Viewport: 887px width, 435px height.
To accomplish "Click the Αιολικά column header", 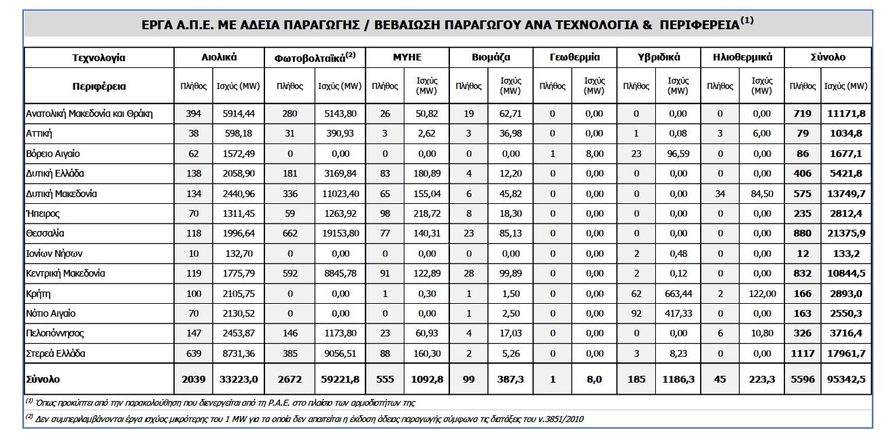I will click(x=219, y=58).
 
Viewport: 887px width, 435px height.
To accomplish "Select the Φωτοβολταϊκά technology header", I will click(x=316, y=58).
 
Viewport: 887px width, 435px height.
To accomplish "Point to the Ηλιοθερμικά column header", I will click(x=743, y=58).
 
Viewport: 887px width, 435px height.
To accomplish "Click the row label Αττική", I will click(x=39, y=133).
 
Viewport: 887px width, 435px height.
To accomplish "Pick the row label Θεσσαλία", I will click(x=45, y=233).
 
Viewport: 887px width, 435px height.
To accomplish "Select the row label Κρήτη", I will click(x=38, y=294).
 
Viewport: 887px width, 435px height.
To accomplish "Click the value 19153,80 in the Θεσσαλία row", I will click(x=339, y=233).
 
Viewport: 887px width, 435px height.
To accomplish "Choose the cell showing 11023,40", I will click(x=339, y=194).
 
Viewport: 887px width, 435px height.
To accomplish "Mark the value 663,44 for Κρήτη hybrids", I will click(x=678, y=294).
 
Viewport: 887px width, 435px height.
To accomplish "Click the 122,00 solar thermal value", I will click(x=763, y=294).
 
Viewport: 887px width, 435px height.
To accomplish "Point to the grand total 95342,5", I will click(x=846, y=379).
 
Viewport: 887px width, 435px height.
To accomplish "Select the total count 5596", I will click(x=802, y=379).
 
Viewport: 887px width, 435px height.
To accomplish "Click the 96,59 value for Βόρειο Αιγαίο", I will click(x=678, y=154).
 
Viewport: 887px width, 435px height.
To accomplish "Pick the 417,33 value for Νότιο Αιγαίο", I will click(x=678, y=314).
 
